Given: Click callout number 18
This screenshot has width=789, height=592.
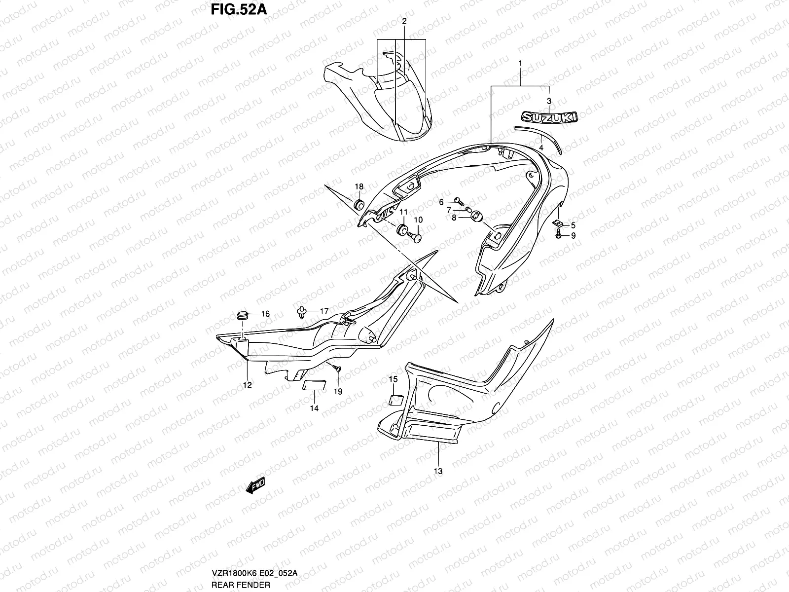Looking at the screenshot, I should click(x=359, y=186).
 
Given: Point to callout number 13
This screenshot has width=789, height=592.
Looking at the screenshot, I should click(x=438, y=471).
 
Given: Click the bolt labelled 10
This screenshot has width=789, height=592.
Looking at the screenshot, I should click(x=417, y=238).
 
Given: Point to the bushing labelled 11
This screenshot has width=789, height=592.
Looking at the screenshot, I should click(x=401, y=229).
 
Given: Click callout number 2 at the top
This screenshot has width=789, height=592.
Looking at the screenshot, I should click(x=404, y=21).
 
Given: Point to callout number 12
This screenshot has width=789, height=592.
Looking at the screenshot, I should click(x=247, y=385).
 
